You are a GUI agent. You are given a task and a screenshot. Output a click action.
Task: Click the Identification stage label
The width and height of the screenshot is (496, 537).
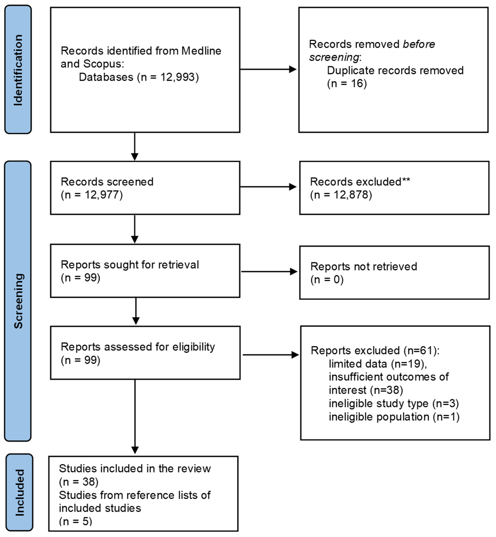(18, 70)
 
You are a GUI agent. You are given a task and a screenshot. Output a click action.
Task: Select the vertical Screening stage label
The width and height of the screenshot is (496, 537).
(18, 301)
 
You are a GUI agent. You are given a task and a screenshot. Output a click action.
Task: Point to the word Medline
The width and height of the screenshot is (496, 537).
(201, 51)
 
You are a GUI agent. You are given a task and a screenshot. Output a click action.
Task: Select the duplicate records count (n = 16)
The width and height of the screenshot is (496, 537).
(347, 83)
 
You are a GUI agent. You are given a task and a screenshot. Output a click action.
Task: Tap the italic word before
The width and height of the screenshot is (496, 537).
(419, 44)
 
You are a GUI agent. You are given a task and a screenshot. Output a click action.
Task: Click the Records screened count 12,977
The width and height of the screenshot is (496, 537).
(103, 195)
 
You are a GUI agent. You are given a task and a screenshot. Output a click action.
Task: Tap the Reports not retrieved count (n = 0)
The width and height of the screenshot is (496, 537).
(327, 280)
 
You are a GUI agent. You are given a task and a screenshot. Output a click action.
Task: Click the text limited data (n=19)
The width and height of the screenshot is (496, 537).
(378, 364)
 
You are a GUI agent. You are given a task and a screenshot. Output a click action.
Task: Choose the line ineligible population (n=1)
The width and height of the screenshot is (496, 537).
(394, 417)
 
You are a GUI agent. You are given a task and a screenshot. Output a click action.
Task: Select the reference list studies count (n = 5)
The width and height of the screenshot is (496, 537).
(75, 521)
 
